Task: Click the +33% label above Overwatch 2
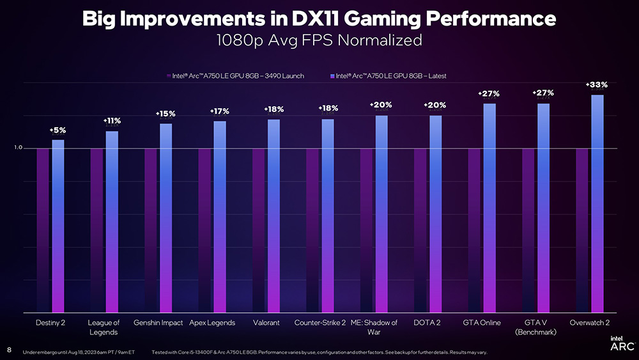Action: coord(597,84)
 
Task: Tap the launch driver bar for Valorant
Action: coord(259,230)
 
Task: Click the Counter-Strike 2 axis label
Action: coord(320,323)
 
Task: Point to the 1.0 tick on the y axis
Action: coord(19,148)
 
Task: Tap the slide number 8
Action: coord(9,350)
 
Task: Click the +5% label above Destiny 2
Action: coord(58,130)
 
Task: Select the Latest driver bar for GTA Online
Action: coord(489,208)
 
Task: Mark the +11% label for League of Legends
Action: coord(112,121)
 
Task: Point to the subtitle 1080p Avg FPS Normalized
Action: coord(319,40)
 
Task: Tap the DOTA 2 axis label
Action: coord(427,323)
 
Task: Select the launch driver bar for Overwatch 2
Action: coord(582,230)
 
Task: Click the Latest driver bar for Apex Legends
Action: coord(220,217)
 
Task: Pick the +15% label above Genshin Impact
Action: coord(166,114)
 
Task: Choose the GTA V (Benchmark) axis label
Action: coord(535,327)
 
